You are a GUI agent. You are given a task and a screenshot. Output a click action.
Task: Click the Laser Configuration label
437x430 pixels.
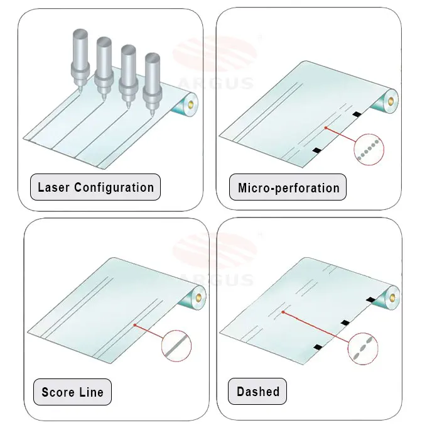pyautogui.click(x=95, y=187)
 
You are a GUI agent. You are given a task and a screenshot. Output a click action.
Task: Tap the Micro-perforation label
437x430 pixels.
pyautogui.click(x=288, y=187)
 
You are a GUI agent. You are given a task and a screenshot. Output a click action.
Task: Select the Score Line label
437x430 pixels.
pyautogui.click(x=72, y=392)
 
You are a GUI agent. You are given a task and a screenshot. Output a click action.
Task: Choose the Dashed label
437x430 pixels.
pyautogui.click(x=257, y=392)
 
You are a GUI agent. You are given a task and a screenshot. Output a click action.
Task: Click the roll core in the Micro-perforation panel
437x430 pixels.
pyautogui.click(x=391, y=99)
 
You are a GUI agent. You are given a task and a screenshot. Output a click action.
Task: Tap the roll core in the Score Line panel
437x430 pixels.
pyautogui.click(x=198, y=294)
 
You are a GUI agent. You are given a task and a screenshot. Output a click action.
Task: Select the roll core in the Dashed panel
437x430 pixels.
pyautogui.click(x=393, y=294)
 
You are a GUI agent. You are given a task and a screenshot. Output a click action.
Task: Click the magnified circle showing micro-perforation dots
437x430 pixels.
pyautogui.click(x=369, y=150)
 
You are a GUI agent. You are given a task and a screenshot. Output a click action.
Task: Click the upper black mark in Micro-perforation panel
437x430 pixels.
pyautogui.click(x=357, y=114)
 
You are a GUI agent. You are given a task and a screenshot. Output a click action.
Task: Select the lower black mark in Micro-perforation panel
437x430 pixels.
pyautogui.click(x=317, y=150)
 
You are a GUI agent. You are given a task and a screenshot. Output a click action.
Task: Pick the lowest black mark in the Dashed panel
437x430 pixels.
pyautogui.click(x=317, y=347)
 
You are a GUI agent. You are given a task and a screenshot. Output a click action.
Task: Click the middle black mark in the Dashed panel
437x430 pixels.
pyautogui.click(x=345, y=322)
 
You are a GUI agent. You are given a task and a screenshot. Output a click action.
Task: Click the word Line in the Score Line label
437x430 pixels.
pyautogui.click(x=92, y=392)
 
